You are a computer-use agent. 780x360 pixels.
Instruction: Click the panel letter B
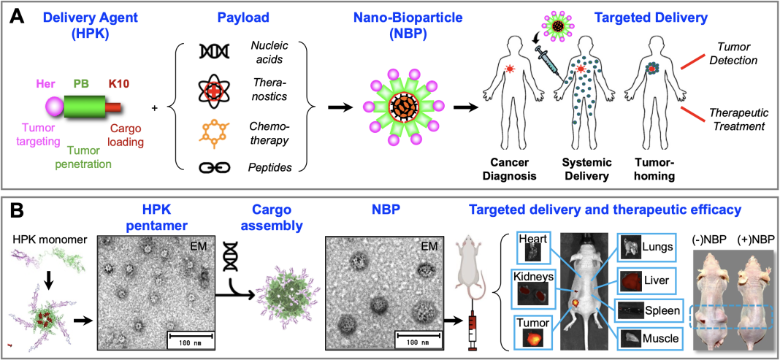coord(17,212)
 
